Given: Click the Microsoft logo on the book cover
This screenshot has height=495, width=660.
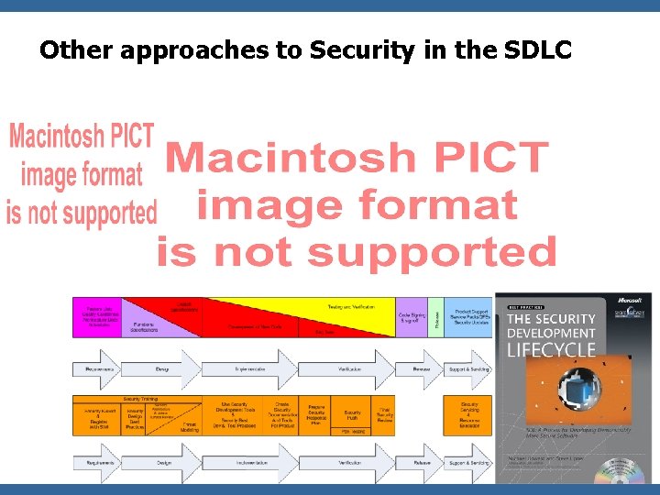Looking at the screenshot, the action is click(x=633, y=301).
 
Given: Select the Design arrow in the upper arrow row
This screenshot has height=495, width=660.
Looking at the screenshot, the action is click(x=162, y=369).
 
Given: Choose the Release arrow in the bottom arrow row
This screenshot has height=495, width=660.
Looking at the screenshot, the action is click(x=420, y=463).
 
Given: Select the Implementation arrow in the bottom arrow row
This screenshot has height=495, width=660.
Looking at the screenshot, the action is click(x=249, y=463).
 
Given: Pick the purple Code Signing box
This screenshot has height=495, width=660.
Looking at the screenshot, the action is click(x=411, y=317).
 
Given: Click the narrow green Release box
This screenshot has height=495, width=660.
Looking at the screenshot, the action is click(x=436, y=317).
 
